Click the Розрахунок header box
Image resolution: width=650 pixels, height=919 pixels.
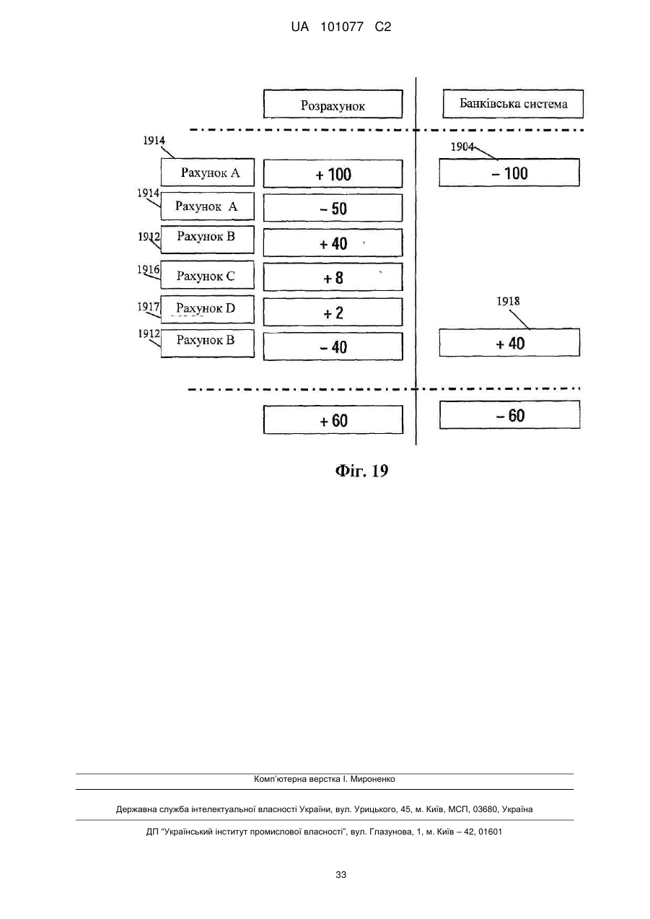333,104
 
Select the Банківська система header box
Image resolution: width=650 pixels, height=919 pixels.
513,104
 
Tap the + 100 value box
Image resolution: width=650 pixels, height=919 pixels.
333,174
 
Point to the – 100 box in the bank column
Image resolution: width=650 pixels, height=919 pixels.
509,173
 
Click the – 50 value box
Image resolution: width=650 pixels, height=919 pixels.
333,208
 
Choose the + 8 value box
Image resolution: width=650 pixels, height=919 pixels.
333,277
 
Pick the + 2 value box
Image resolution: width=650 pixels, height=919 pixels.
333,312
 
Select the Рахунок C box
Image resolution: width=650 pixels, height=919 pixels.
208,275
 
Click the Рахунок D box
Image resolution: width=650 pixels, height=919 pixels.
208,310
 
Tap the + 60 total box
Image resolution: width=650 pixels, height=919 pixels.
333,419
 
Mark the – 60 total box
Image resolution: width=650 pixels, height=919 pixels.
510,415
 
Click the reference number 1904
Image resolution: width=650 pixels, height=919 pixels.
462,147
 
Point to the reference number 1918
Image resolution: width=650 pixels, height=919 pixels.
508,302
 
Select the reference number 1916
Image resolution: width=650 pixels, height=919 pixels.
149,269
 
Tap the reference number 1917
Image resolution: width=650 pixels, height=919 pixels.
149,307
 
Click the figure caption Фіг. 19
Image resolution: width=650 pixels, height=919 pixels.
361,471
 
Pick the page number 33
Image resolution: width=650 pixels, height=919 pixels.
341,875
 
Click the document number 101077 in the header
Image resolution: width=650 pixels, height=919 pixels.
342,27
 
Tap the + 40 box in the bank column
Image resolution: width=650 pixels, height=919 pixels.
510,343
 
